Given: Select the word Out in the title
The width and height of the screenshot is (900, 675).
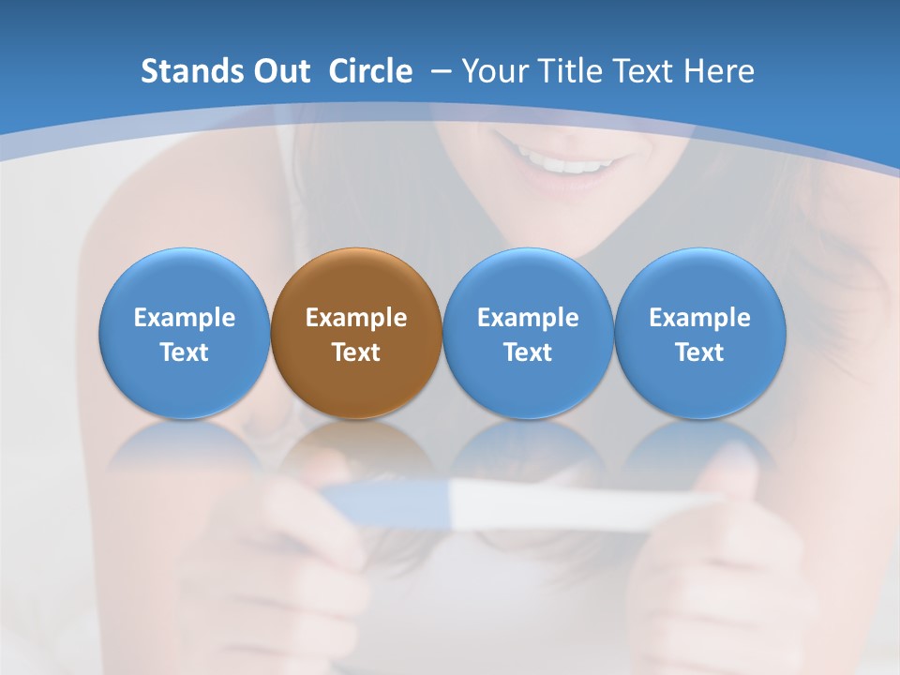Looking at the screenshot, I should [280, 71].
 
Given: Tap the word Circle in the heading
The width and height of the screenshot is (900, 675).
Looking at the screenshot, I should [370, 71].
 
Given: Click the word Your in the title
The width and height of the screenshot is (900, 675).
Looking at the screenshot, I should [493, 71].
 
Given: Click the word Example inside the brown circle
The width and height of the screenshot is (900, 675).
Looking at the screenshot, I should [356, 318].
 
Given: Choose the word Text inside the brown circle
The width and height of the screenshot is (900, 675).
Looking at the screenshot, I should [356, 352].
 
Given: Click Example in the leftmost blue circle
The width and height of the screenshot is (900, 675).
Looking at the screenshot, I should [185, 318].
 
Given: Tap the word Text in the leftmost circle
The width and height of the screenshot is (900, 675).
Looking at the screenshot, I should [185, 352].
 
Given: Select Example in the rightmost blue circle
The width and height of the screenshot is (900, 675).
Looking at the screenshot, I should [700, 318].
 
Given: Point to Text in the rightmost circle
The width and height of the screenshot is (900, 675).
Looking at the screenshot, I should [700, 352].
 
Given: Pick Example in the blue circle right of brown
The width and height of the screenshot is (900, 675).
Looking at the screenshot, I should [529, 318].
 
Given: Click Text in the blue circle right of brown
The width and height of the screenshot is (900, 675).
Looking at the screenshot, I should [529, 352].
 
